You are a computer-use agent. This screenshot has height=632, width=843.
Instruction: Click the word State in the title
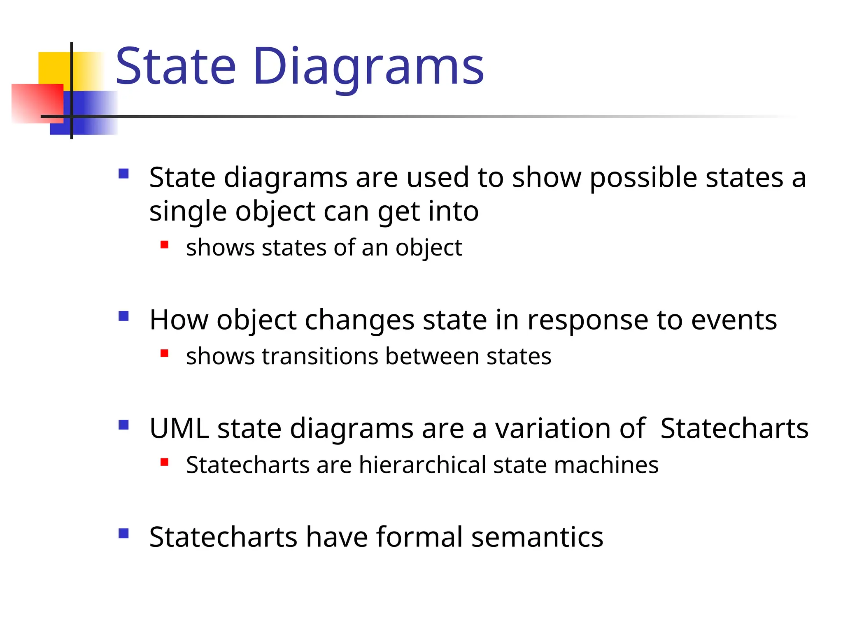(176, 67)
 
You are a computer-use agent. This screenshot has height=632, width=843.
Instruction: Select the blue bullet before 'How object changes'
(123, 316)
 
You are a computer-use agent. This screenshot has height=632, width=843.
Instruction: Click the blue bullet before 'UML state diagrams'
(123, 425)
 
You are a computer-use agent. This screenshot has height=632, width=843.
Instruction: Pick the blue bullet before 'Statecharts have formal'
(123, 533)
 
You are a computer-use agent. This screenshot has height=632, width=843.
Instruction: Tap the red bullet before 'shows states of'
(164, 245)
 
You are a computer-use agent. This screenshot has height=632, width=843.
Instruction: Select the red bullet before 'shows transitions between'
(164, 353)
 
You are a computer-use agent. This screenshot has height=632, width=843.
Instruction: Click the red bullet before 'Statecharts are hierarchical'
(164, 462)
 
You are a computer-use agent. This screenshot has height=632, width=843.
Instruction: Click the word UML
(179, 429)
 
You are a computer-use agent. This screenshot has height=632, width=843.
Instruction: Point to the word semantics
(537, 537)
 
